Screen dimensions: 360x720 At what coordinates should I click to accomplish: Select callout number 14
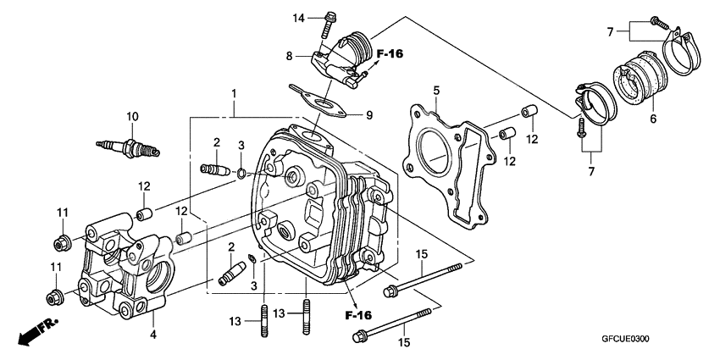[298, 18]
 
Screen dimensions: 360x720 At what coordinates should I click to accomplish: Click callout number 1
[235, 92]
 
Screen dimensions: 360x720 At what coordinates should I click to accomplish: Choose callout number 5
[436, 90]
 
